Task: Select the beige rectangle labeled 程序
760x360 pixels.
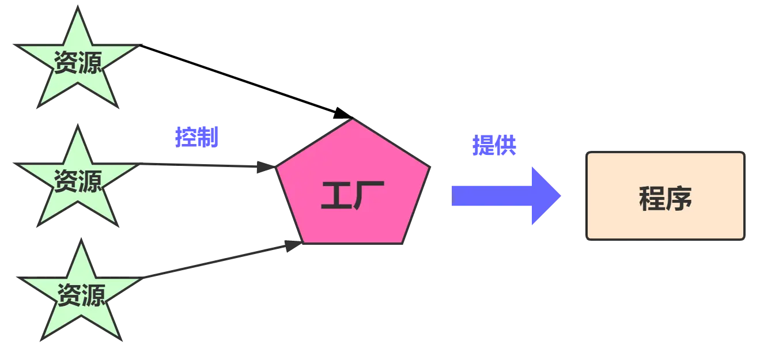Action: (666, 196)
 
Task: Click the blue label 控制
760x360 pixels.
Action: (197, 137)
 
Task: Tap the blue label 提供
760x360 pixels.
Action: (494, 145)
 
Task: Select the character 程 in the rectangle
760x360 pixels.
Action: (652, 199)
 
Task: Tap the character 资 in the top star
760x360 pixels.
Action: (65, 63)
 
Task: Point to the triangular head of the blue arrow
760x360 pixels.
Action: (545, 196)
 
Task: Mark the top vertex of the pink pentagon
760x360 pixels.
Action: (353, 120)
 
